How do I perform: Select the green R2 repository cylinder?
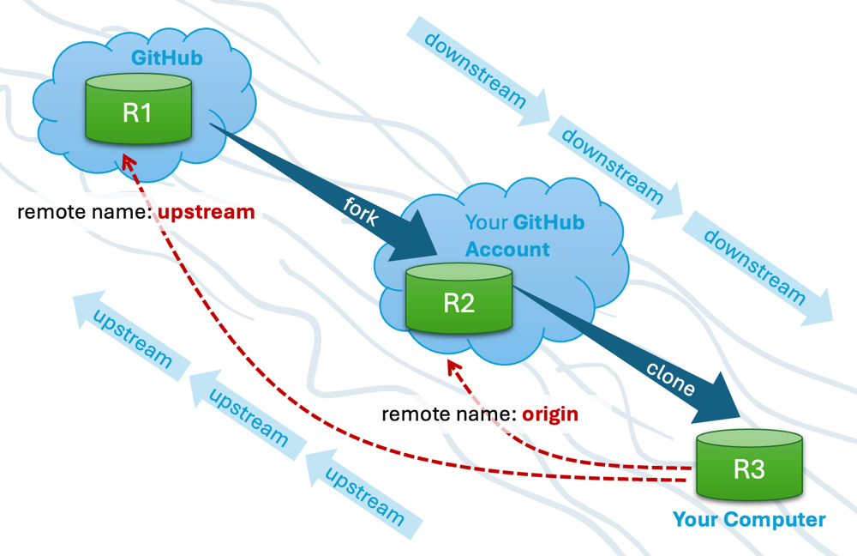(458, 299)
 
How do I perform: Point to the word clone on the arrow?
(671, 378)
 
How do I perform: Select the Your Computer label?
(748, 520)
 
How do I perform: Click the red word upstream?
(206, 212)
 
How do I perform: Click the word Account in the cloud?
(507, 250)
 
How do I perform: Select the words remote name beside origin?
(446, 414)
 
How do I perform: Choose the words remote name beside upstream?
(84, 212)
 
